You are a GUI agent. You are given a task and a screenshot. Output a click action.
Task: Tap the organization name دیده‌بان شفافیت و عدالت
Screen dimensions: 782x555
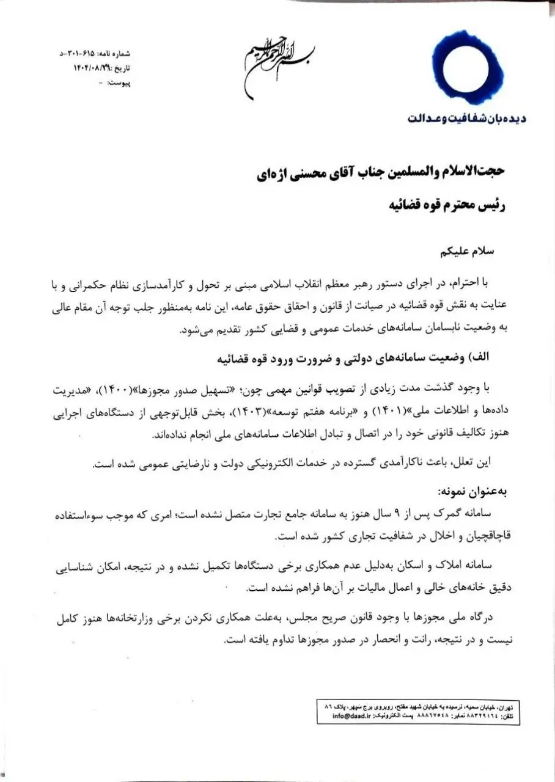coord(467,118)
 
